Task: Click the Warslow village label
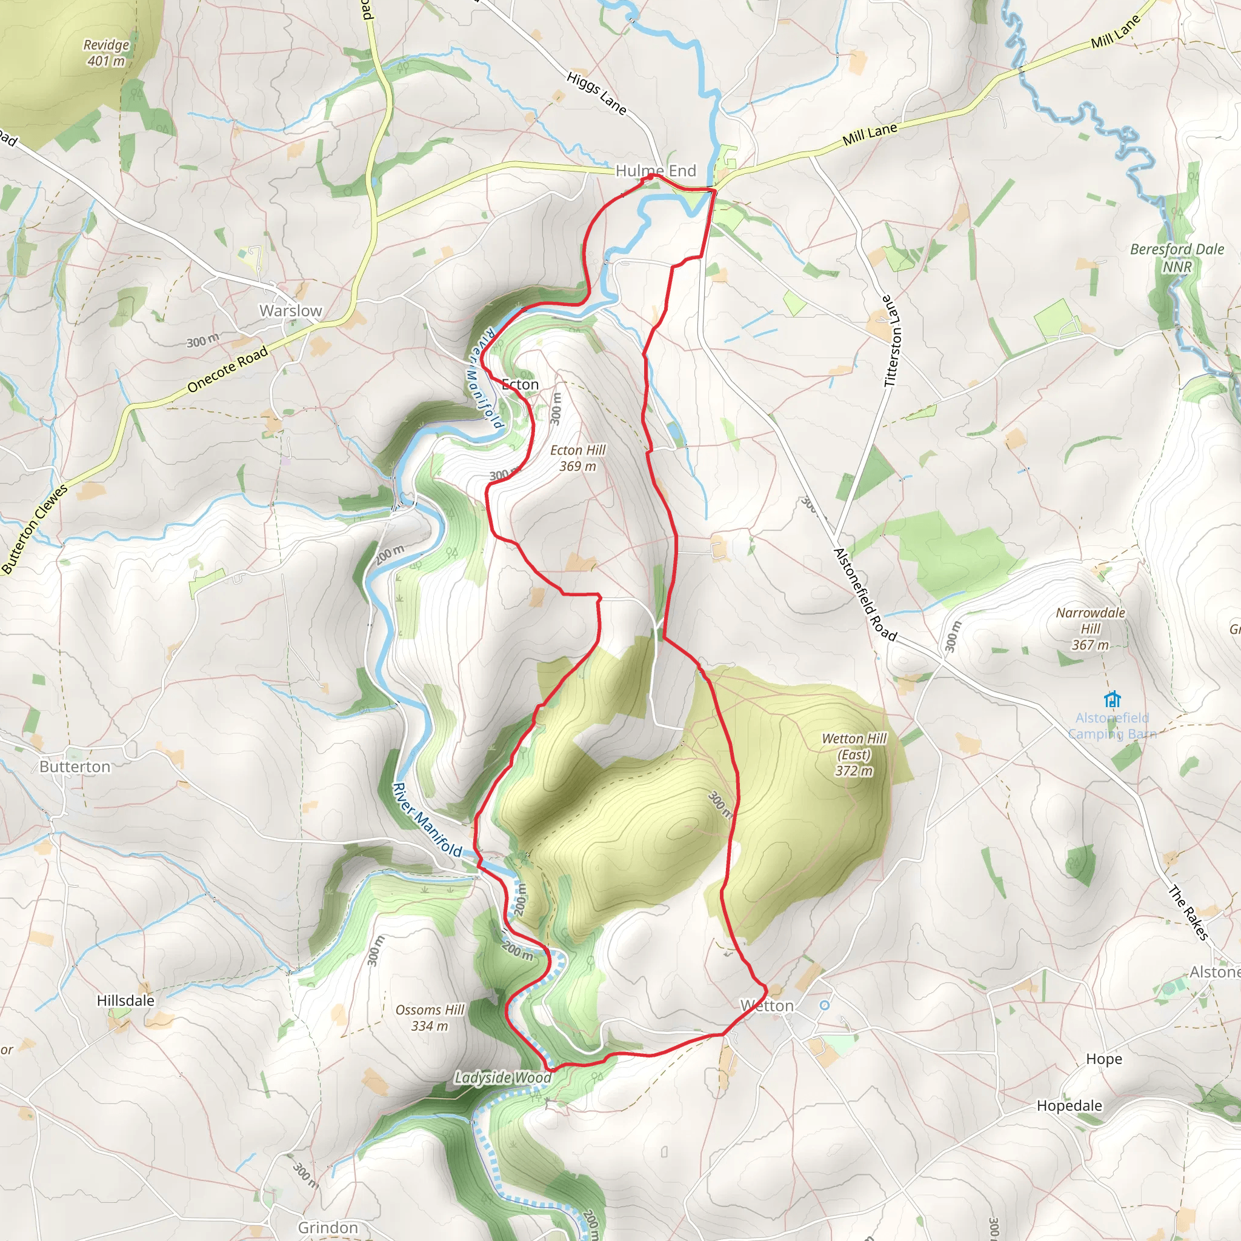[290, 311]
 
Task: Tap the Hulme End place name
[655, 171]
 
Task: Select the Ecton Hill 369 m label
[577, 458]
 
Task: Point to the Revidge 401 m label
[106, 53]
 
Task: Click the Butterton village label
[75, 767]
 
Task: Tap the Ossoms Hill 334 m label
[429, 1018]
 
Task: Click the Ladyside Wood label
[502, 1078]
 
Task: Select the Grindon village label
[328, 1228]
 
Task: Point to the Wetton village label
[767, 1006]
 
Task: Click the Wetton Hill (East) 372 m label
[854, 755]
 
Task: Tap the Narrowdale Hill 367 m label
[1090, 629]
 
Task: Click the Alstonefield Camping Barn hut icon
[1113, 699]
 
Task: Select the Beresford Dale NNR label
[1177, 258]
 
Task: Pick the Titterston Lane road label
[893, 341]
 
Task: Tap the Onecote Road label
[227, 370]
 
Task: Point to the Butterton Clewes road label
[35, 528]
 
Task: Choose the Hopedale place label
[1069, 1105]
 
